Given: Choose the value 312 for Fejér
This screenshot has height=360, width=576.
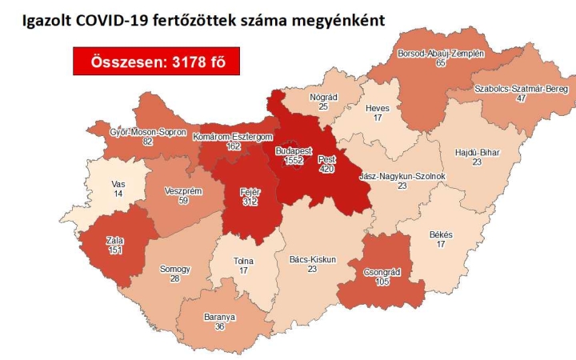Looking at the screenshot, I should pos(251,202).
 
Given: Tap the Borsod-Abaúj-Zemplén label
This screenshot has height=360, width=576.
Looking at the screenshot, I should pos(441,53).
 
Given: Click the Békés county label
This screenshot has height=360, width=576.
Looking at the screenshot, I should pos(441,234).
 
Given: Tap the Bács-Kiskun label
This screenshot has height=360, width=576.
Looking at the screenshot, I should pos(313,260).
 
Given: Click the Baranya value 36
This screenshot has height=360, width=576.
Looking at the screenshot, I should pos(218,326).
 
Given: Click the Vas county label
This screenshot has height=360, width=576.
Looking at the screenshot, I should pos(118,183).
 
